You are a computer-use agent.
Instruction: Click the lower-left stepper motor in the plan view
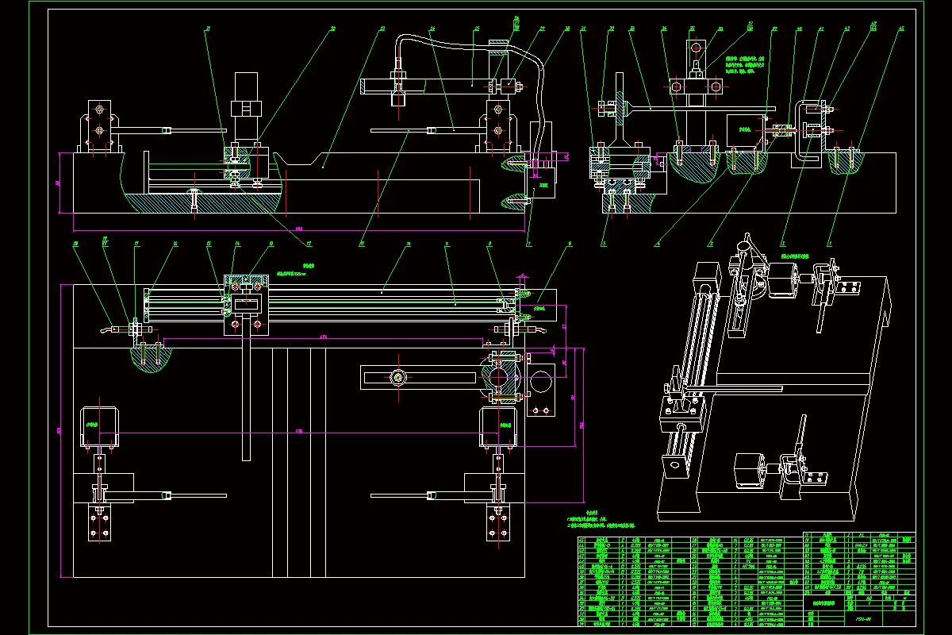point(100,428)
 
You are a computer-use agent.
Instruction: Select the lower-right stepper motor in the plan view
point(498,428)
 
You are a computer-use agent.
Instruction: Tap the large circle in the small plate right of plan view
point(542,383)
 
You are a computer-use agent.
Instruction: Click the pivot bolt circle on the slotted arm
point(397,377)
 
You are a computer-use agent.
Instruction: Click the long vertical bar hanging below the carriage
point(246,397)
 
